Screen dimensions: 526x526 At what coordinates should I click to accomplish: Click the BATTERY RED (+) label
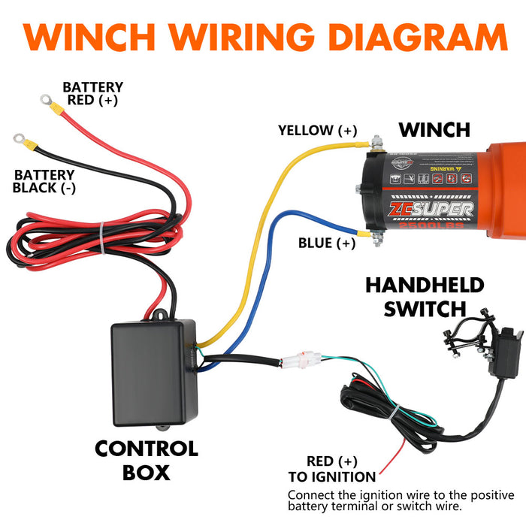coord(92,93)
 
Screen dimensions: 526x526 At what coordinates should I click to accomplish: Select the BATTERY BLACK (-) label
coord(44,181)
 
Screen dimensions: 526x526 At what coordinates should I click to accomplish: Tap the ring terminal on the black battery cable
coord(19,139)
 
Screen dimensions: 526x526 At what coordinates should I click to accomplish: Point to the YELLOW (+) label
coord(317,130)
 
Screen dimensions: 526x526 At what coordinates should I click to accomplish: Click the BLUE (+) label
coord(327,243)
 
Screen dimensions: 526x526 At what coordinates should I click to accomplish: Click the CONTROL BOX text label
coord(147,461)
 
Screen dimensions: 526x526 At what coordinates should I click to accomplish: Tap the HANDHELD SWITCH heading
coord(425,297)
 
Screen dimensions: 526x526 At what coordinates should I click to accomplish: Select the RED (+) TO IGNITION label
coord(331,469)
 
